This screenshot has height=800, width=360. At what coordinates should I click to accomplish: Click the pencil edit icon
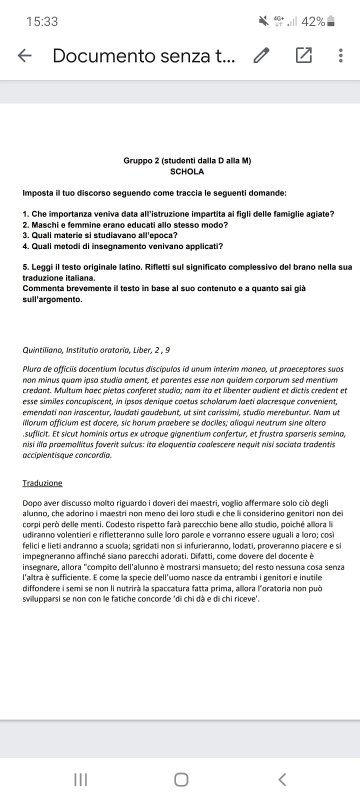(261, 55)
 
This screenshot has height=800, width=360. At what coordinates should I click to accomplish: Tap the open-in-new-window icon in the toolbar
(303, 55)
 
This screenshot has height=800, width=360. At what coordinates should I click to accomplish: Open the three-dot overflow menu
(340, 55)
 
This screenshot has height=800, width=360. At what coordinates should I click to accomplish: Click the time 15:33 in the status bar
(42, 21)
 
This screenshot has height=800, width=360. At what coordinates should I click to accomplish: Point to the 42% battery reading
(313, 21)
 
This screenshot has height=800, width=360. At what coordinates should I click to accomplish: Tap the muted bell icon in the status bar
(263, 21)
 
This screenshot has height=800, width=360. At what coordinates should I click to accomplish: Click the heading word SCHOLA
(187, 171)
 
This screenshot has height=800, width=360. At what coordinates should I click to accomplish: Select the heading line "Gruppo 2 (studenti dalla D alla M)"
(187, 160)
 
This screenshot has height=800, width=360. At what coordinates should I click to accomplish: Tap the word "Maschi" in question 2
(45, 225)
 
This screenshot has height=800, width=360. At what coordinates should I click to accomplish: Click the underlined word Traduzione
(42, 483)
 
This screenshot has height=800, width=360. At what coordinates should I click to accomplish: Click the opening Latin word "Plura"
(32, 369)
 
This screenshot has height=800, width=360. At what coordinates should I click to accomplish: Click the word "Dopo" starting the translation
(32, 503)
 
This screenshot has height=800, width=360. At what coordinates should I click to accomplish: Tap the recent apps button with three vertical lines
(80, 779)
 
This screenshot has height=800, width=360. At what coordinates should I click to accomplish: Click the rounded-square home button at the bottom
(181, 779)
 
